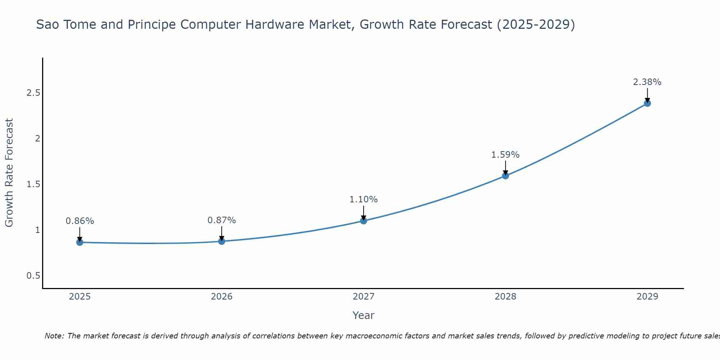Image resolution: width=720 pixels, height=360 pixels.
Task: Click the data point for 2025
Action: (80, 242)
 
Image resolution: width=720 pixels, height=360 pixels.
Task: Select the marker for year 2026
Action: (222, 241)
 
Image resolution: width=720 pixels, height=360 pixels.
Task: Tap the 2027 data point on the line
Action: (364, 220)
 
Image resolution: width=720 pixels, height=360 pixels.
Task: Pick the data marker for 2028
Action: (505, 176)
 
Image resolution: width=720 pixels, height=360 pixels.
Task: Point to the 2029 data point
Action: (647, 103)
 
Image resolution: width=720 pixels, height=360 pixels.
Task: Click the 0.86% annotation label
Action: (80, 221)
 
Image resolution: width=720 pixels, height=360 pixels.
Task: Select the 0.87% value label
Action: (222, 220)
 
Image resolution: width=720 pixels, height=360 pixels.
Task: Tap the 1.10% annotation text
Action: (364, 199)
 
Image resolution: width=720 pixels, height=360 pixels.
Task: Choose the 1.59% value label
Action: (505, 155)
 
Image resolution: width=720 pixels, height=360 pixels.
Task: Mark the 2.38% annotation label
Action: (647, 82)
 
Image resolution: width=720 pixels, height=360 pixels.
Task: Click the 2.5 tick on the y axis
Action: (33, 93)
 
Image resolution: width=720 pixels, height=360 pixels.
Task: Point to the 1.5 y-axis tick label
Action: (33, 184)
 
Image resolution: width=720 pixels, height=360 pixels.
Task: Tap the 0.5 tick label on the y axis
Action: (33, 276)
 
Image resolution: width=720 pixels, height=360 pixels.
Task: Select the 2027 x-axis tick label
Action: (364, 297)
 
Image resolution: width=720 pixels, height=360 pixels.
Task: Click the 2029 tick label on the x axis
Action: (647, 297)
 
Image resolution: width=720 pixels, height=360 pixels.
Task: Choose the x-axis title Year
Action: (364, 315)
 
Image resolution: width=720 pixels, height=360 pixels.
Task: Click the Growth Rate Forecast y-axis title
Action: (9, 173)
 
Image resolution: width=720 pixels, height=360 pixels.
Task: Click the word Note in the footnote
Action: (54, 336)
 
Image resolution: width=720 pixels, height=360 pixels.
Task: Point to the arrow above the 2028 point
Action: (505, 168)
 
